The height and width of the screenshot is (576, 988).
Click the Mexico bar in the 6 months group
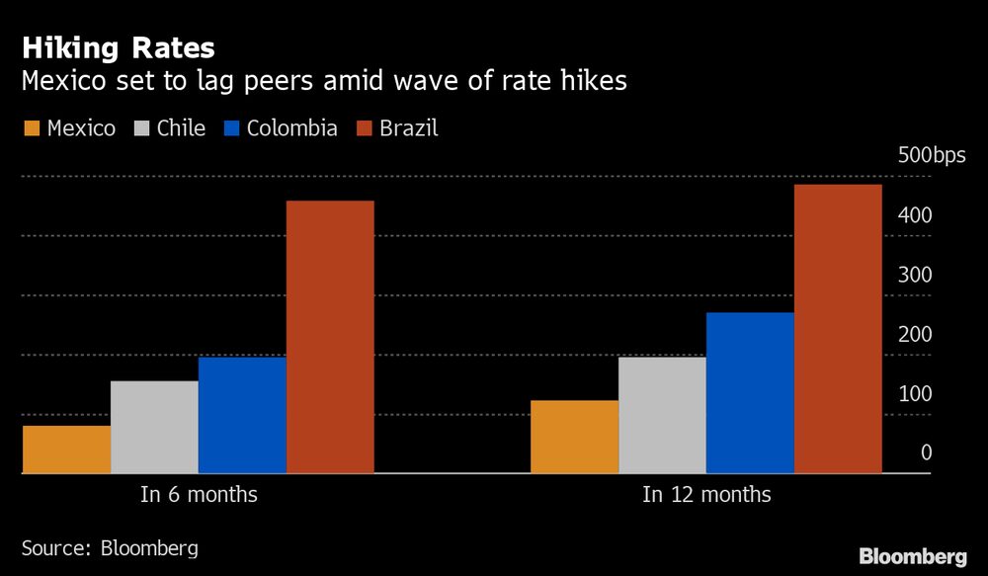(66, 450)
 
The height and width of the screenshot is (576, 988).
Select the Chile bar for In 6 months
(154, 427)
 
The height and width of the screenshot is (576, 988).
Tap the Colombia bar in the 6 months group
(242, 415)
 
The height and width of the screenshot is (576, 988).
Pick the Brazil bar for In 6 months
(330, 337)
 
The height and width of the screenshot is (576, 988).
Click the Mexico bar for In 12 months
(574, 437)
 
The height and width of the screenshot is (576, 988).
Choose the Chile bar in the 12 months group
(662, 415)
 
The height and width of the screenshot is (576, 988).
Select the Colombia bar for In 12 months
(750, 393)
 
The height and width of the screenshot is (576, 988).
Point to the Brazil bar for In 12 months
(838, 329)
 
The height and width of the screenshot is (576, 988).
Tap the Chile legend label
(181, 128)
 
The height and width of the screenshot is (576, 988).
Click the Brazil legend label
(408, 128)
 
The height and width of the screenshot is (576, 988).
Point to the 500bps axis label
(932, 155)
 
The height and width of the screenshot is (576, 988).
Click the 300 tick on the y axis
(915, 275)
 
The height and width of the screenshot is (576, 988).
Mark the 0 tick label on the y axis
(926, 453)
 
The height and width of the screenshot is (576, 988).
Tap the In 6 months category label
(199, 494)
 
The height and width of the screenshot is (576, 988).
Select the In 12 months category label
(706, 494)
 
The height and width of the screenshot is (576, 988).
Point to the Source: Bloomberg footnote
(110, 547)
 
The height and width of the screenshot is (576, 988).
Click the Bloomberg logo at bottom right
(913, 556)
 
